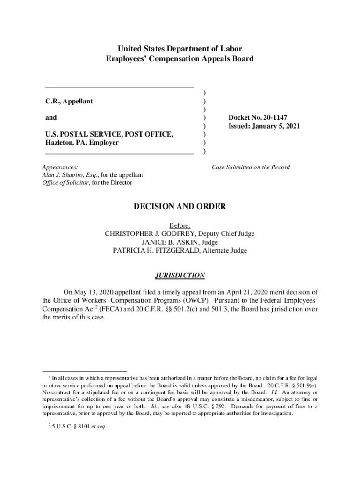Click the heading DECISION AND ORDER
[x=180, y=206]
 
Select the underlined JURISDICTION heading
[x=180, y=276]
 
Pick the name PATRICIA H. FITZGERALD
[x=158, y=250]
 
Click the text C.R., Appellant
[x=69, y=101]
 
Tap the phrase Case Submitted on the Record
[x=251, y=167]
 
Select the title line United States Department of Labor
[x=180, y=49]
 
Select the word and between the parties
[x=51, y=118]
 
